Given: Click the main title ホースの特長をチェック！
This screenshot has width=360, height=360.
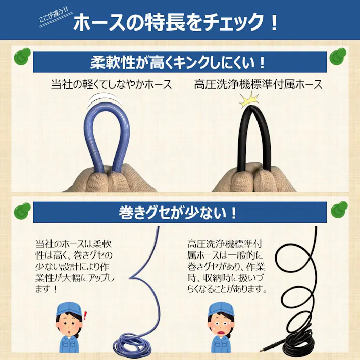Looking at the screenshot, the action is [176, 22].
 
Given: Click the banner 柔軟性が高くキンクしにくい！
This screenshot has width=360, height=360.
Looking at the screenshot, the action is [178, 62].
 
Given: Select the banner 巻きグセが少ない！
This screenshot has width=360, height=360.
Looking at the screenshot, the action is [178, 213].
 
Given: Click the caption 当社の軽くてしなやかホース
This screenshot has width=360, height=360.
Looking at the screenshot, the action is [112, 84].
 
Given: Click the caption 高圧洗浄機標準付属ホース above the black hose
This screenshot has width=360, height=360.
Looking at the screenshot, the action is [259, 84].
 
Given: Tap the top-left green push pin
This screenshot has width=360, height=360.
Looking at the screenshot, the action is [22, 56].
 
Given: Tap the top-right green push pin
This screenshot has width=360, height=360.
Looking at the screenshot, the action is [338, 56].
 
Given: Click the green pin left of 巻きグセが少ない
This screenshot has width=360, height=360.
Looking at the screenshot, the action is [22, 211].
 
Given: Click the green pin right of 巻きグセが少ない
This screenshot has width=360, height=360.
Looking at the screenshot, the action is [339, 210].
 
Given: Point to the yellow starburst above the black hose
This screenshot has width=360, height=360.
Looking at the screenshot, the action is [249, 99].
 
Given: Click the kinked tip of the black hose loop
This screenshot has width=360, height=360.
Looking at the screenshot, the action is [250, 107].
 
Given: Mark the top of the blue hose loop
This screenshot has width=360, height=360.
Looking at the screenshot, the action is [106, 105].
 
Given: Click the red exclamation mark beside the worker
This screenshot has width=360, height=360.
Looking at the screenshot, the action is [86, 316].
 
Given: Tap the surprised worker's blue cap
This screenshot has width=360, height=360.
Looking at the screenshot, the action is [69, 309].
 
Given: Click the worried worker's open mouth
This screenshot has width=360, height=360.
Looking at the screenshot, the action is [221, 334].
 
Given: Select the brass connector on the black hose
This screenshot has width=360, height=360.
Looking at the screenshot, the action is [267, 349].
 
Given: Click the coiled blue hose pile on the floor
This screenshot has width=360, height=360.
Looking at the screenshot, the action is [132, 344].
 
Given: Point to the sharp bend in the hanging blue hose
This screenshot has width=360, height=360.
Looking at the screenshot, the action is [131, 277].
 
